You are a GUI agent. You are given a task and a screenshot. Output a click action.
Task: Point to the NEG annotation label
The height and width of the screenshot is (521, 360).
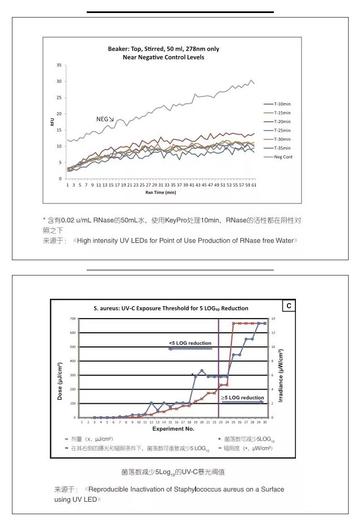103,120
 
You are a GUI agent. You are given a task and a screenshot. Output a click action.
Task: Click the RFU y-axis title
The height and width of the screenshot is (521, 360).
52,122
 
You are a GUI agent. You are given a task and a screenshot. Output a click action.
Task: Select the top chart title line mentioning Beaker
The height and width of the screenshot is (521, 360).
156,49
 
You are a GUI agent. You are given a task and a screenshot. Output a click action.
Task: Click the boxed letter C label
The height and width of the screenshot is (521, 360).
289,306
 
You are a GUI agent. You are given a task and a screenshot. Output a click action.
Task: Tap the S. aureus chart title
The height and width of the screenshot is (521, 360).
171,308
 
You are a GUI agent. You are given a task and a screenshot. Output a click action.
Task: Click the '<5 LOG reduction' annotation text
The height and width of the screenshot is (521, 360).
190,343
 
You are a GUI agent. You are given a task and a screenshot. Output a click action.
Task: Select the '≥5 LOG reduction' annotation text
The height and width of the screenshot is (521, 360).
242,398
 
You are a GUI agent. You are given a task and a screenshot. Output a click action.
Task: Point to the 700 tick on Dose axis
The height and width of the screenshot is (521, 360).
72,319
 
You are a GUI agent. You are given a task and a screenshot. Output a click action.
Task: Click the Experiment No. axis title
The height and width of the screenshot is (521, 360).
172,430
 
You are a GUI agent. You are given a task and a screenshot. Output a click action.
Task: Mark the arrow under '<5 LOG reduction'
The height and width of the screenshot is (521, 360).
189,349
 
